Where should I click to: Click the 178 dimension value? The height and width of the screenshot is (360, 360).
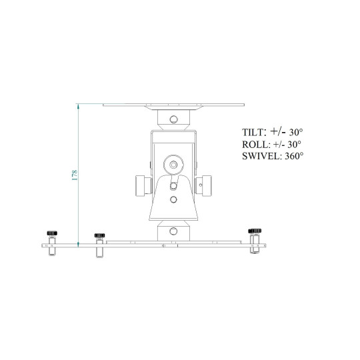click(x=75, y=175)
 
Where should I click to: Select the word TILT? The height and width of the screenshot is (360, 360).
click(x=253, y=133)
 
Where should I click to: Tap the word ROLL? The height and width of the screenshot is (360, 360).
click(x=255, y=145)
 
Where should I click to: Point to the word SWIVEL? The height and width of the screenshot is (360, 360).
click(x=261, y=156)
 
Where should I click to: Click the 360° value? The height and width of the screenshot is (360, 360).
click(x=294, y=156)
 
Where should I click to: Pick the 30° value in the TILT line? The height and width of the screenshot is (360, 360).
click(x=296, y=133)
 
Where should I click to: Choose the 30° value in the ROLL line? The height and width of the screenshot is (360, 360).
click(x=294, y=145)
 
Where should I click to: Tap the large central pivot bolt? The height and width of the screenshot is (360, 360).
click(x=173, y=165)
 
